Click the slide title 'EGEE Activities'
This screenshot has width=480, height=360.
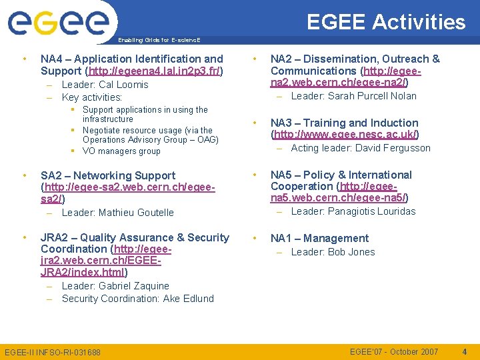[386, 22]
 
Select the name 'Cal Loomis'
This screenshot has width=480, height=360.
[123, 85]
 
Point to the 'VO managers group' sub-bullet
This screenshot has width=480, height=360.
[121, 151]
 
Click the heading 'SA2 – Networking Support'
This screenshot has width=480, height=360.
[108, 175]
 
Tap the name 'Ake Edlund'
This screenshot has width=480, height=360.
[188, 299]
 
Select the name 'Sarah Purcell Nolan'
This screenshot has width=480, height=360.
[363, 96]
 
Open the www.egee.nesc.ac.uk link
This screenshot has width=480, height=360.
[344, 134]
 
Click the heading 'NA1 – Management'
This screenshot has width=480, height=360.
[319, 238]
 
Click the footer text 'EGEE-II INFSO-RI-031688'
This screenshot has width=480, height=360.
[53, 352]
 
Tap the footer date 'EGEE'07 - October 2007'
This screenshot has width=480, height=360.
[394, 351]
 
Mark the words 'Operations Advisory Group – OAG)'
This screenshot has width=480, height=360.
[150, 140]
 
